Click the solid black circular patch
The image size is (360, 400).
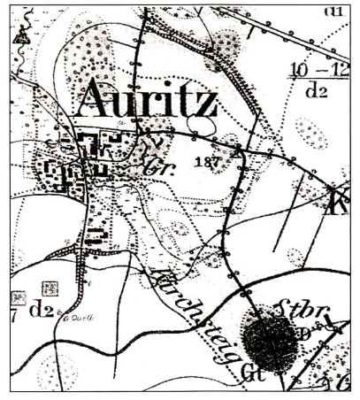271,342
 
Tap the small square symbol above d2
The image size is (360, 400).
50,288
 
